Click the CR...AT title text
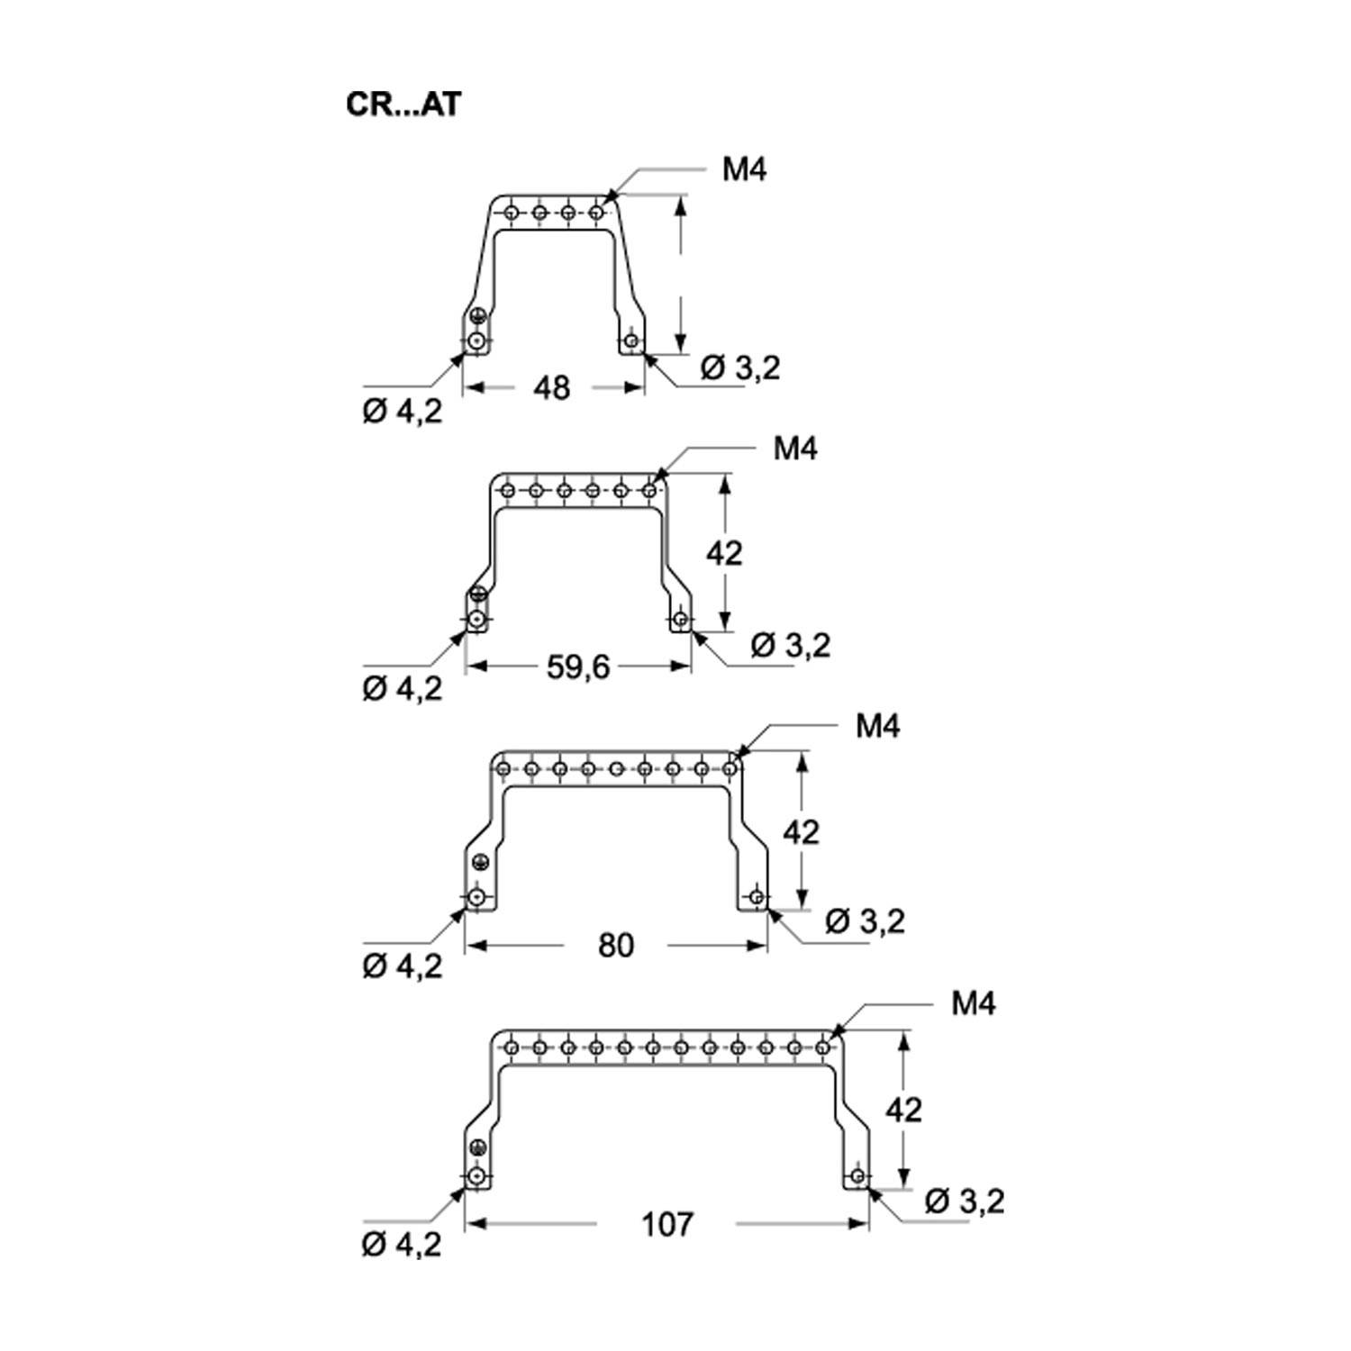coord(403,104)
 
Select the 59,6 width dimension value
coord(579,666)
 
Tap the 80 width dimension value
coord(615,945)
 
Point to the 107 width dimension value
coord(667,1224)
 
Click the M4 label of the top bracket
coord(744,169)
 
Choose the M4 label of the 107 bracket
coord(973,1003)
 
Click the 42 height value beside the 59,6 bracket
coord(724,552)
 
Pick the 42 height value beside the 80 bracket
coord(801,831)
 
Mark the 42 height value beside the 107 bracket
coord(903,1110)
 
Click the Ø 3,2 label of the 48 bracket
coord(739,367)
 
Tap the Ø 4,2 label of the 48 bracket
coord(402,412)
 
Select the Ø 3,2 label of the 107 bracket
coord(964,1201)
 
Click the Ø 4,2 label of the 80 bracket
coord(402,967)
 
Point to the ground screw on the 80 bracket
coord(478,863)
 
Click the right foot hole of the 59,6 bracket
coord(681,620)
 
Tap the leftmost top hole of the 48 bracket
coord(512,213)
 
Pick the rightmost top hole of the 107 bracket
coord(822,1047)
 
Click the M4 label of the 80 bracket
coord(878,726)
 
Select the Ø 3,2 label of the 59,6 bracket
coord(790,645)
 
